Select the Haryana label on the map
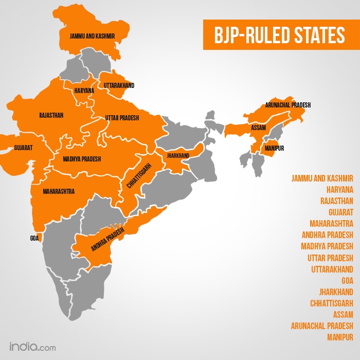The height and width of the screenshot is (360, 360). pyautogui.click(x=84, y=91)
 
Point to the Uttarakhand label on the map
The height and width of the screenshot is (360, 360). pyautogui.click(x=119, y=85)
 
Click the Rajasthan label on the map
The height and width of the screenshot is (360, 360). pyautogui.click(x=51, y=115)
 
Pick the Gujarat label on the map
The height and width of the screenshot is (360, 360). pyautogui.click(x=24, y=148)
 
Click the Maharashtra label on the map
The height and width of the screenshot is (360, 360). pyautogui.click(x=59, y=191)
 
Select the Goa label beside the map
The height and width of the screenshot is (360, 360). pyautogui.click(x=34, y=239)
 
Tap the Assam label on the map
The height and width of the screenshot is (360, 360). pyautogui.click(x=258, y=127)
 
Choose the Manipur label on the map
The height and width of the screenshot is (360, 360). pyautogui.click(x=275, y=148)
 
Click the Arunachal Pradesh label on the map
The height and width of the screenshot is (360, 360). pyautogui.click(x=288, y=105)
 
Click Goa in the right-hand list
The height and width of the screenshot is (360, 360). pyautogui.click(x=347, y=280)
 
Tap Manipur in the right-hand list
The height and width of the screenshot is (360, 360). pyautogui.click(x=340, y=337)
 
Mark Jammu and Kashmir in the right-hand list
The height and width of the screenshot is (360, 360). pyautogui.click(x=322, y=178)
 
